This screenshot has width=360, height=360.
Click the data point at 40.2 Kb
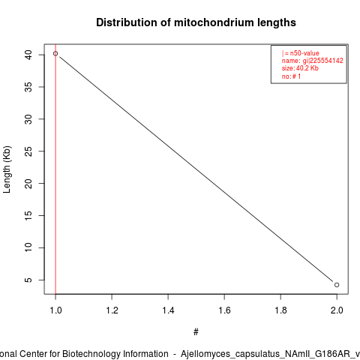55,53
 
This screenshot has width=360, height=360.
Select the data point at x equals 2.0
337,285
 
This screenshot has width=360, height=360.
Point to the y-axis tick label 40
28,55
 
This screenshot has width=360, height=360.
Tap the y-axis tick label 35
28,87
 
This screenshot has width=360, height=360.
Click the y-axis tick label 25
28,151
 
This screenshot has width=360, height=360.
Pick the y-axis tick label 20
28,184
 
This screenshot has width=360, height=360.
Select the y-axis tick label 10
28,247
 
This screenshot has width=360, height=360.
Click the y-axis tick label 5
28,280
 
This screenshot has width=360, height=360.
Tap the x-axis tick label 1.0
55,310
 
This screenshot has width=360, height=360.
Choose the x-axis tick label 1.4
168,310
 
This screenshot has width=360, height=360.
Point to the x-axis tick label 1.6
224,310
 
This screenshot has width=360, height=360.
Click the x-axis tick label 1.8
280,310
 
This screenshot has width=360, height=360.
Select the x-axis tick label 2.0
337,310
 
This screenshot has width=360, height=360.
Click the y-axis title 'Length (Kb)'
7,169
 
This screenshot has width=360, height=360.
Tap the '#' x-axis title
196,332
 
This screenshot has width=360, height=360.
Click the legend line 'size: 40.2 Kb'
300,68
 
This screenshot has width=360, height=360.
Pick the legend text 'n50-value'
304,53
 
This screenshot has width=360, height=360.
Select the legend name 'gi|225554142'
323,61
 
